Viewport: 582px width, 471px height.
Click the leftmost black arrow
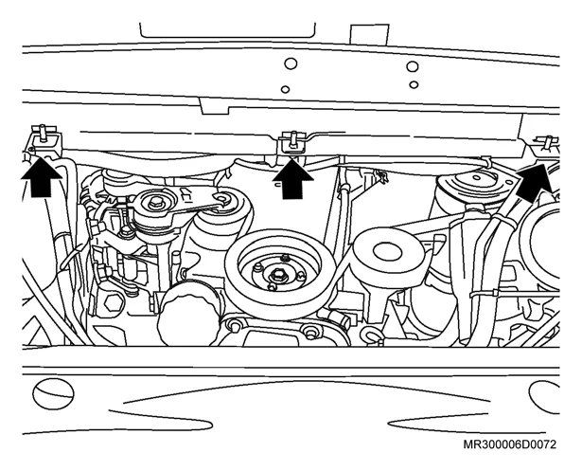[42, 178]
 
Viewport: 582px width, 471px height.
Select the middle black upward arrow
[292, 180]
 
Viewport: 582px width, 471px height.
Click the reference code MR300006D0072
[510, 444]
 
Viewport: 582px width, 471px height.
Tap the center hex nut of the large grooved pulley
[276, 276]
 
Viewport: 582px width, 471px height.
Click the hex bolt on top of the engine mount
[154, 203]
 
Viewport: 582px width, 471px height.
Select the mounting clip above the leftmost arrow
[44, 136]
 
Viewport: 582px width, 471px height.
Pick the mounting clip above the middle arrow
[293, 141]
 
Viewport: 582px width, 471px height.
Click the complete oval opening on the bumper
[53, 393]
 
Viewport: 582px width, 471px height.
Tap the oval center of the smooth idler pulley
[387, 252]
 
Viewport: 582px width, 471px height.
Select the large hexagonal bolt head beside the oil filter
[114, 304]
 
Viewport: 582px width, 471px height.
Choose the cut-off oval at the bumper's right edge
[544, 396]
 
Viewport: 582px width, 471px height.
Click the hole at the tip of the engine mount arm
[223, 199]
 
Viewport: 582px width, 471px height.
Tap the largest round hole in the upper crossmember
[413, 66]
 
